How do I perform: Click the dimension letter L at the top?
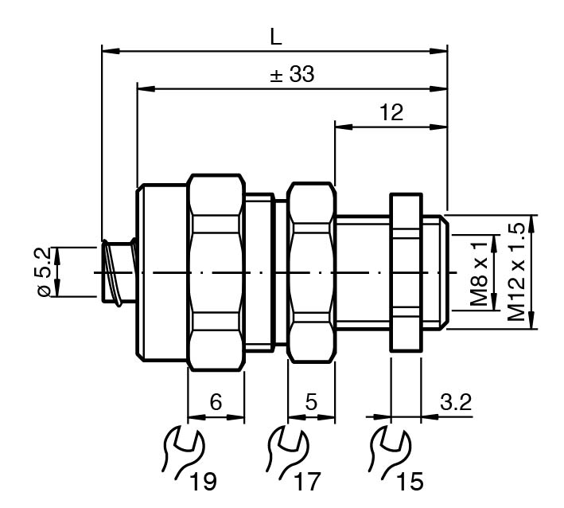pos(276,37)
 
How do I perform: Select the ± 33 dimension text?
pos(292,76)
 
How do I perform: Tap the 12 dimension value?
pos(391,112)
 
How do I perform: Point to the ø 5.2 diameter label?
pos(46,272)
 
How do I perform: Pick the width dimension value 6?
pos(216,402)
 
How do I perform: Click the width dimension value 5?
pos(311,402)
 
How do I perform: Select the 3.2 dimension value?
pos(456,402)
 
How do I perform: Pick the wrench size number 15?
pos(411,481)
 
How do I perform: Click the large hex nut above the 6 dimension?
pos(216,272)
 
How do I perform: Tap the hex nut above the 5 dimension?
pos(311,272)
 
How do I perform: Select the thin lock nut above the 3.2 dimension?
pos(406,272)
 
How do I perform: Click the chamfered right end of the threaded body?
pos(442,272)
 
